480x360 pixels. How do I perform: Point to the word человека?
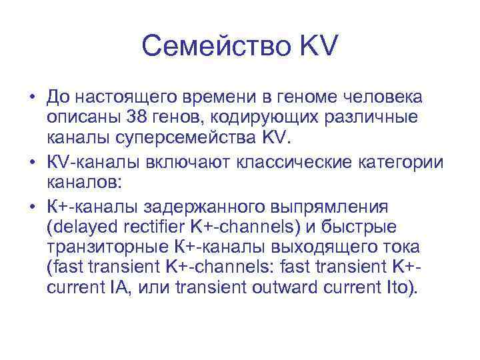tap(387, 97)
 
